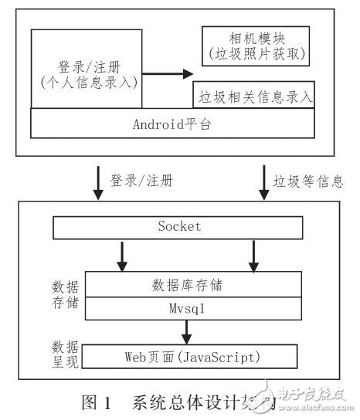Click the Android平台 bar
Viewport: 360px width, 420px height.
click(x=176, y=122)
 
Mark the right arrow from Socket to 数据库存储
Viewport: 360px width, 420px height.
click(x=253, y=256)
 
